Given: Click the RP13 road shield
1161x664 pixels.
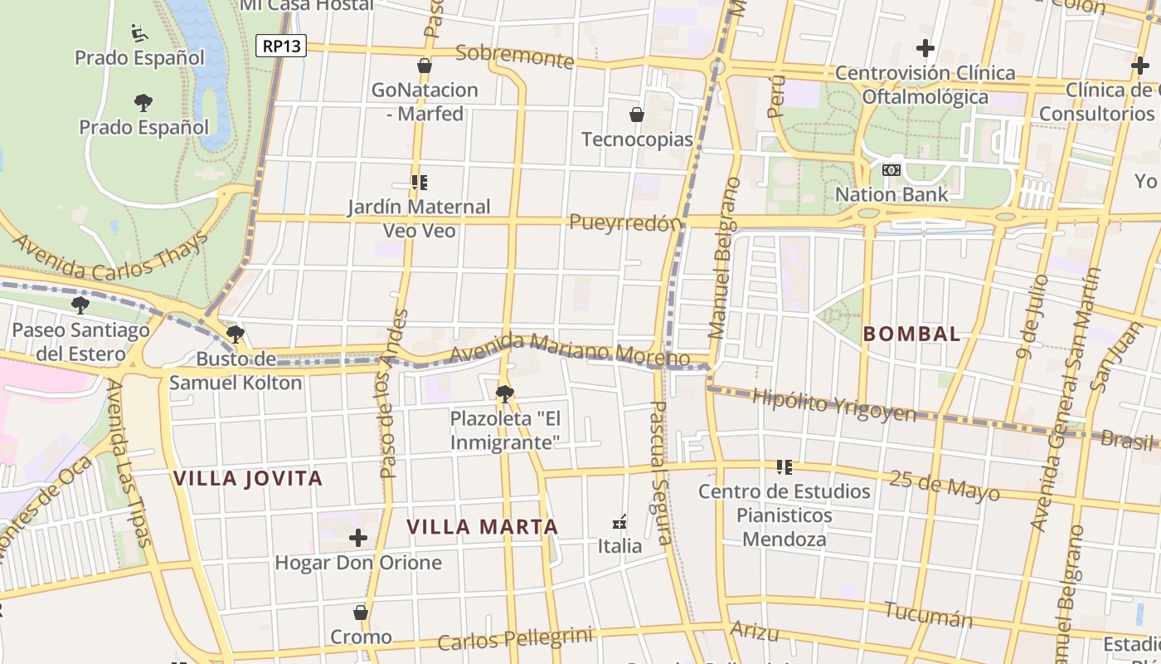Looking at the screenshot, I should (x=280, y=46).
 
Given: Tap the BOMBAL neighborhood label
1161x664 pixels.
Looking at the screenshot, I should (x=911, y=334).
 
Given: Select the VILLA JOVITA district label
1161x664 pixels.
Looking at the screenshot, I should (x=248, y=478).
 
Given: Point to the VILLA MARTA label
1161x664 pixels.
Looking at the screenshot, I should (x=482, y=526).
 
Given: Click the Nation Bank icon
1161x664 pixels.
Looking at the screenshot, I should (x=891, y=170).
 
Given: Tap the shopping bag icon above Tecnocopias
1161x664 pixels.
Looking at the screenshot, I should (x=637, y=115).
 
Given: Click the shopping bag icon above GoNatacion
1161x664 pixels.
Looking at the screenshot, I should (x=425, y=66).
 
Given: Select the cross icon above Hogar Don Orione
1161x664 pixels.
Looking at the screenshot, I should (x=358, y=538).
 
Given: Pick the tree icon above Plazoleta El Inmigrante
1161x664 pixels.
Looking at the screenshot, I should (x=504, y=393).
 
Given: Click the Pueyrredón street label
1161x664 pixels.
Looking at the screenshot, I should (x=626, y=222).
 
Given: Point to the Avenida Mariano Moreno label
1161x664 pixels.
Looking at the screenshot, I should (x=570, y=349).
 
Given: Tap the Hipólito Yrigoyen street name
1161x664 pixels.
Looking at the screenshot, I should (x=833, y=405).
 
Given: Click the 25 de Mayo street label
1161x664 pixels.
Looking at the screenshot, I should (x=944, y=485).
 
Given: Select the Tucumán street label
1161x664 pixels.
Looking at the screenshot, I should (x=927, y=615).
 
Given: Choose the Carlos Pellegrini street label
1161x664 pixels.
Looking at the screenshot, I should (x=515, y=639).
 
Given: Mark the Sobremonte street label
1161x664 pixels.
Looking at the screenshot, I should (x=514, y=56).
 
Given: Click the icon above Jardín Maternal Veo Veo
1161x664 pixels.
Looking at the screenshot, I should (x=419, y=182).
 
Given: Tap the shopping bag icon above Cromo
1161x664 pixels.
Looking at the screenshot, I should (x=361, y=613).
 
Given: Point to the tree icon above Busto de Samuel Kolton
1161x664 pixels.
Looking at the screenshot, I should (x=236, y=334).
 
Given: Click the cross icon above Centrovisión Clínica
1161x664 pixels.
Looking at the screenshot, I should (x=925, y=48).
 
